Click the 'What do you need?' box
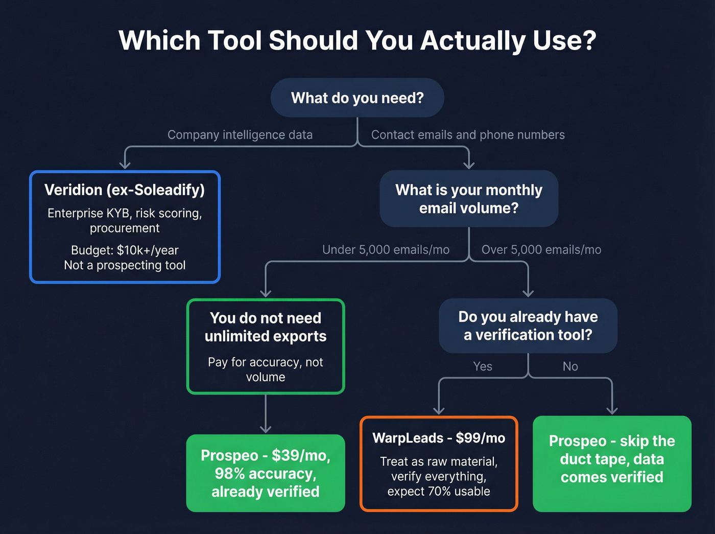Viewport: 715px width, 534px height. (x=357, y=98)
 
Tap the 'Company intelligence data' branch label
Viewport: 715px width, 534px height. (x=240, y=135)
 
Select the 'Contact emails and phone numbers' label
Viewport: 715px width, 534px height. (x=468, y=135)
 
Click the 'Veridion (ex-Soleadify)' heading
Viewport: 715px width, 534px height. (x=125, y=190)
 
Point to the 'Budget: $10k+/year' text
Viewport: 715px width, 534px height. (x=125, y=250)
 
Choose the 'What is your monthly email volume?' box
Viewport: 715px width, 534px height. (x=468, y=199)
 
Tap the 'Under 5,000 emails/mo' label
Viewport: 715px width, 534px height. (x=386, y=250)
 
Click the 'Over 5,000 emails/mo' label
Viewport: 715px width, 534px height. (x=541, y=250)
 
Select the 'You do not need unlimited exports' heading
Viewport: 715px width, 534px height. (x=266, y=327)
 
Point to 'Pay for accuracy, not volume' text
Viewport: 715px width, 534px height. (x=266, y=369)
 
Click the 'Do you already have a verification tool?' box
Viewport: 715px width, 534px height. (x=528, y=326)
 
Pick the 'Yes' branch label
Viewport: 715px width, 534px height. (x=483, y=366)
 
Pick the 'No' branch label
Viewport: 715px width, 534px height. (x=570, y=366)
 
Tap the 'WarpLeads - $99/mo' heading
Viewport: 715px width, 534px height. (x=439, y=438)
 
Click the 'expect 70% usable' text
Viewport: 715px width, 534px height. (x=439, y=492)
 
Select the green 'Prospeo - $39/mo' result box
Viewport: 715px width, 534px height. (x=266, y=473)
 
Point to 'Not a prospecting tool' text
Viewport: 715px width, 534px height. (x=125, y=265)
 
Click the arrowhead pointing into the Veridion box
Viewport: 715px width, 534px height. (x=125, y=165)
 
